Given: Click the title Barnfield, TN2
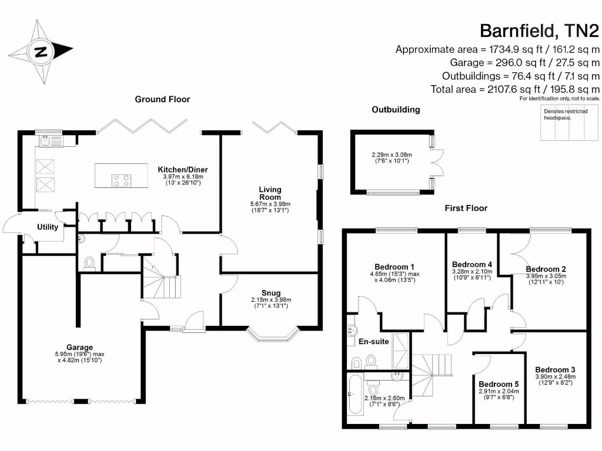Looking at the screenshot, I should (x=540, y=30).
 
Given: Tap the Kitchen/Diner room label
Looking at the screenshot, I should (x=182, y=170).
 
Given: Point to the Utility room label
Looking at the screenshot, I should (x=48, y=227).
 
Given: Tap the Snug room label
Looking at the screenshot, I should (x=270, y=293).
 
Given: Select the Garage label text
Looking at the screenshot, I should (x=79, y=348).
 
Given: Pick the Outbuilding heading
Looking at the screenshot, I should (x=396, y=109).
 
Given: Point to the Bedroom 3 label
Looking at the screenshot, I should (x=556, y=369).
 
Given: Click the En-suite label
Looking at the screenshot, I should (x=373, y=341).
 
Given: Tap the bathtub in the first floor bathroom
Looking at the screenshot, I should (x=354, y=394).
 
